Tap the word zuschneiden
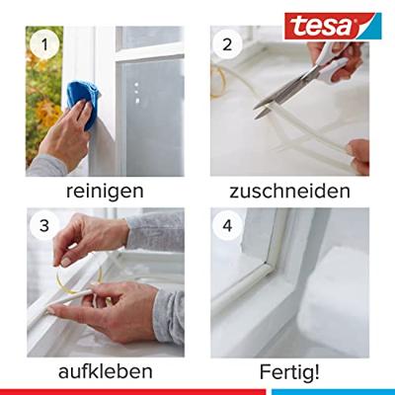(289, 190)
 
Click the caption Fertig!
(289, 371)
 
